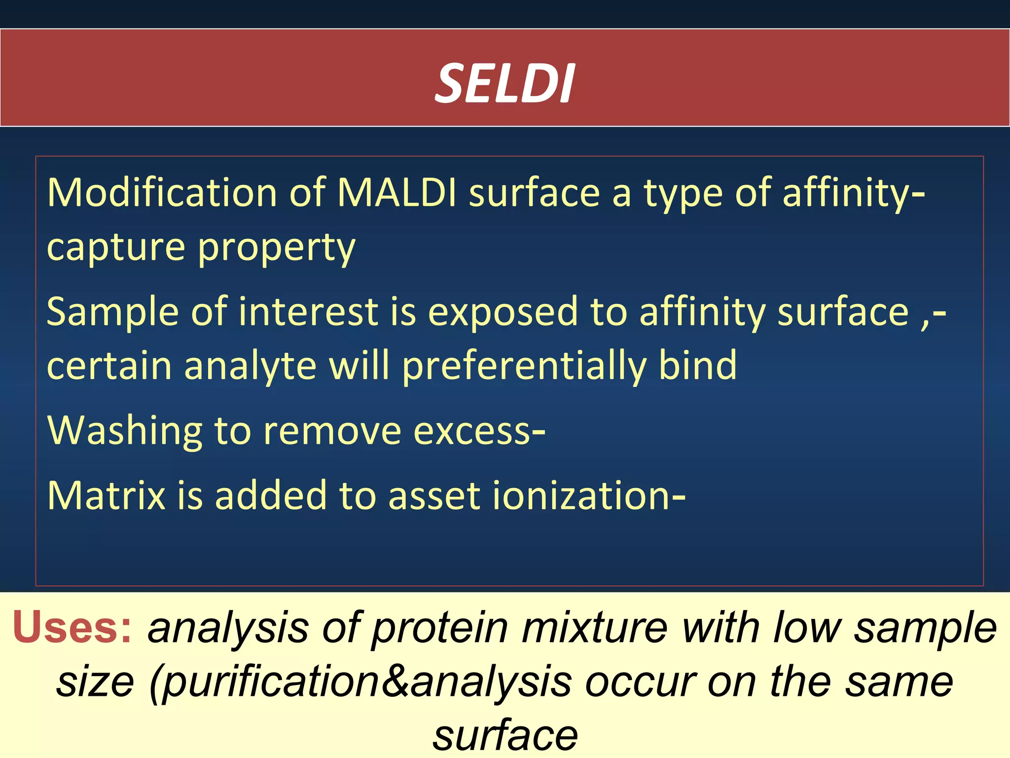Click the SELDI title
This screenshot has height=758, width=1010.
(x=505, y=84)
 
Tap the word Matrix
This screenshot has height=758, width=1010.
(x=106, y=495)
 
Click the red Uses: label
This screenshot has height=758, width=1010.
(x=72, y=628)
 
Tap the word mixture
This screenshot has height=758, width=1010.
(x=594, y=628)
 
